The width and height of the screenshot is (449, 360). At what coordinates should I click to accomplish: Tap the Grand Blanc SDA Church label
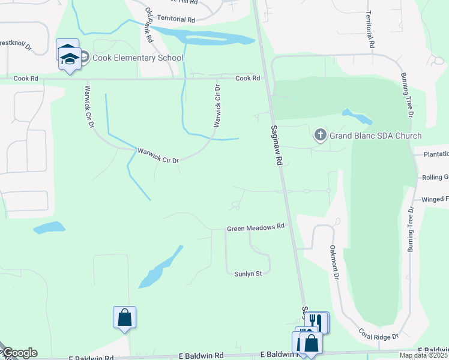click(x=375, y=136)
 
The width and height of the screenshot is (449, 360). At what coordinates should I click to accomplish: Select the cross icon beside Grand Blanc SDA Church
click(x=321, y=135)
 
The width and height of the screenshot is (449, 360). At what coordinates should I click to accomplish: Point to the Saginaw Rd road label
click(x=276, y=146)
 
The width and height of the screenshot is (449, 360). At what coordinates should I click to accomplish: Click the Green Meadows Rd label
click(x=255, y=228)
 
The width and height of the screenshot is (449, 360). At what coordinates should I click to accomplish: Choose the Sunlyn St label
click(x=248, y=274)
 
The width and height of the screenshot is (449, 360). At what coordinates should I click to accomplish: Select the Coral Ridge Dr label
click(x=379, y=334)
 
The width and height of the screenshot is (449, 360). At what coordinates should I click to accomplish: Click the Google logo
click(x=19, y=353)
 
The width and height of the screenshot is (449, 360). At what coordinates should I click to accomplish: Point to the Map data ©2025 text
click(x=424, y=355)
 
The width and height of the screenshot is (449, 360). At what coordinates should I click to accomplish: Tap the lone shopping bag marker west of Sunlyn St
click(x=124, y=317)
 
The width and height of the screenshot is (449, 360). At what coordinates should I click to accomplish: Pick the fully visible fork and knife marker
click(x=316, y=322)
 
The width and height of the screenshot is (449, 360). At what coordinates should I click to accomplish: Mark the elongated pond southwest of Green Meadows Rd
click(x=159, y=268)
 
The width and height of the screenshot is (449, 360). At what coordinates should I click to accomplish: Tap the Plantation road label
click(x=435, y=154)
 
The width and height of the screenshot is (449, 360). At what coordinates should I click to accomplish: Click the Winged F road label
click(x=435, y=199)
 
